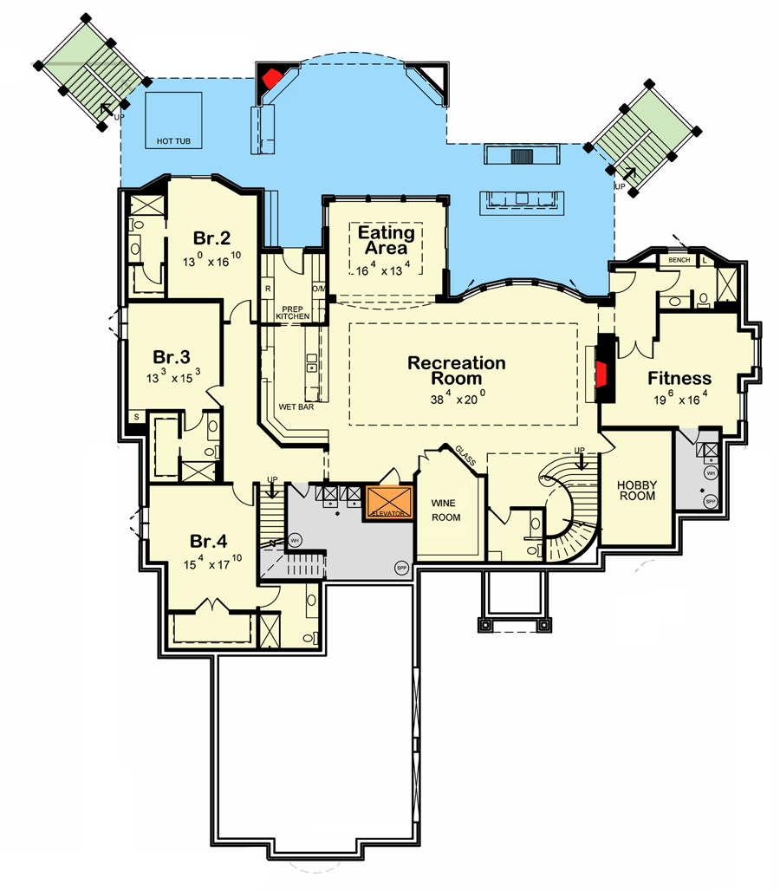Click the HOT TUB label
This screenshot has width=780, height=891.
click(x=173, y=140)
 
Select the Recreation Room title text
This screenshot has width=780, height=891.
click(x=457, y=370)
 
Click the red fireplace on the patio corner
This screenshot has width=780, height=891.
click(x=272, y=77)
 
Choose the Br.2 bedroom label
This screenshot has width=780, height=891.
click(x=211, y=238)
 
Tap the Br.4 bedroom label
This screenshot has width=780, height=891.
click(x=209, y=542)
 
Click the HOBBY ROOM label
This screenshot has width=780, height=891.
click(x=637, y=491)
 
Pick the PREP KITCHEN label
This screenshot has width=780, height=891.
click(x=292, y=312)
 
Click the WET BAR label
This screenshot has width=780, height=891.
click(x=296, y=406)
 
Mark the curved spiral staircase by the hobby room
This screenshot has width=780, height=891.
click(x=568, y=511)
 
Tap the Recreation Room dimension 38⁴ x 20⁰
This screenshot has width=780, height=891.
click(x=457, y=400)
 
